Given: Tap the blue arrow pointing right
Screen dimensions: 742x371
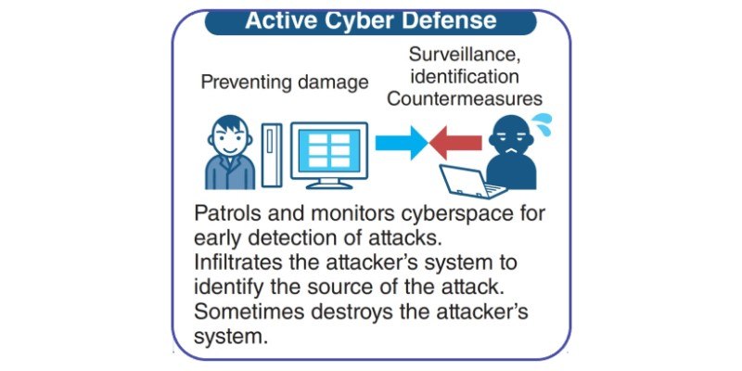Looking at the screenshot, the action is tap(402, 143).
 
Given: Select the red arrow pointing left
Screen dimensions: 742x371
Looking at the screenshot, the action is tap(455, 143).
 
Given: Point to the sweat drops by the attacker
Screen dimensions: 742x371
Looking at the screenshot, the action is tap(541, 124).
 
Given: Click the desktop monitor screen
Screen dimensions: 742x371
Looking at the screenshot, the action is tap(329, 150).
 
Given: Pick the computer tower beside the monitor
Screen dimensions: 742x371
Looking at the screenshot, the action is tap(272, 156).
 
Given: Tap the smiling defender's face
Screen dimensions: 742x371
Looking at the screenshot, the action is tap(229, 137).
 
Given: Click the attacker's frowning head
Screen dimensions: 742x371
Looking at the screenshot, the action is tap(511, 137).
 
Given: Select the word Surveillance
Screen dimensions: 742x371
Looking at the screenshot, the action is tap(465, 55).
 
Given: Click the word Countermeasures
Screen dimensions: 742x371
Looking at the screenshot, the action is tap(465, 98).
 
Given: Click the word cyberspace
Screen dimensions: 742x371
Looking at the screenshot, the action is tap(457, 215).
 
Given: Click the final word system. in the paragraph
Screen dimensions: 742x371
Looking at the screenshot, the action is tap(228, 338).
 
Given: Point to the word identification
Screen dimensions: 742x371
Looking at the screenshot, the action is tap(465, 77).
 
